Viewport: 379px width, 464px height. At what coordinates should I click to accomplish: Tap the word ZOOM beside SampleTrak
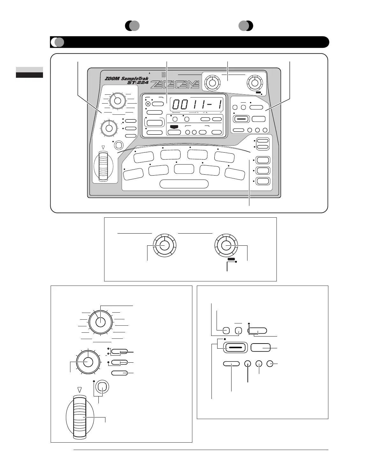point(112,78)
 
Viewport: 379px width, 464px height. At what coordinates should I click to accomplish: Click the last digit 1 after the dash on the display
point(219,105)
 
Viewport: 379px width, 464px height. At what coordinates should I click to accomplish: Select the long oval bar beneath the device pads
point(184,184)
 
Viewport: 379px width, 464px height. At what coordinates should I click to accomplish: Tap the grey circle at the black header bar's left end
point(60,42)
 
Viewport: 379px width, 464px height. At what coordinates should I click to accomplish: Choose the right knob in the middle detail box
point(226,246)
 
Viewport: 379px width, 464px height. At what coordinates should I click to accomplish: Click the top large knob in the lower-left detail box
point(100,322)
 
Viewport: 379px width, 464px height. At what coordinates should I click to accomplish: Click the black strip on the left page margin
point(29,75)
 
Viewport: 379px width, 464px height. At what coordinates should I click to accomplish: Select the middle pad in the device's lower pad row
point(184,169)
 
